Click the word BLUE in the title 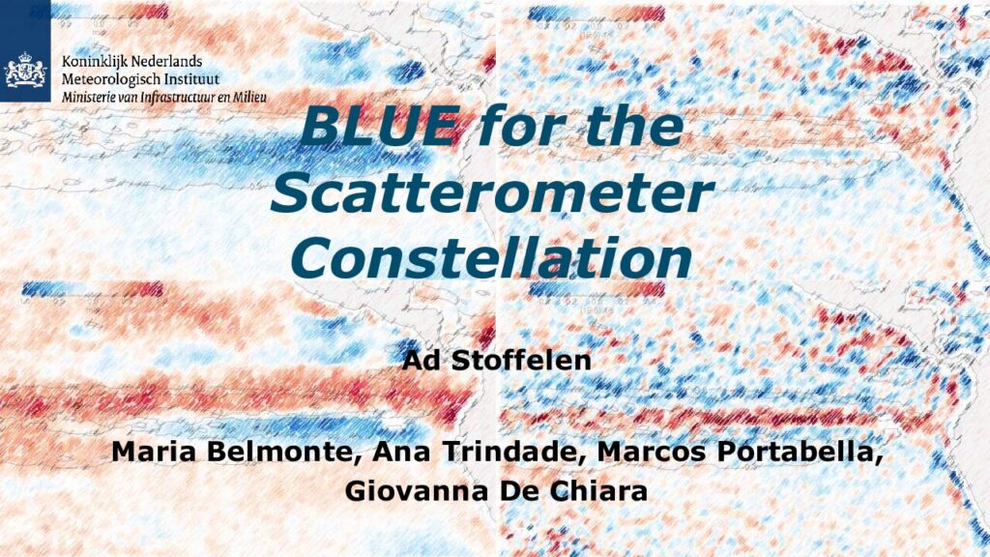click(x=379, y=125)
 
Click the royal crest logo click(x=25, y=70)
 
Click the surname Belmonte click(x=283, y=453)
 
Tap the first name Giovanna click(x=417, y=490)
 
